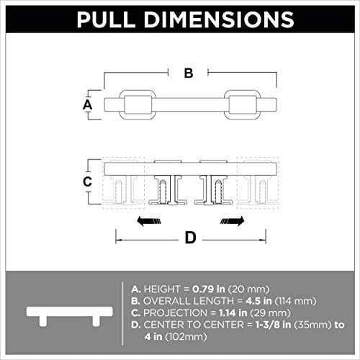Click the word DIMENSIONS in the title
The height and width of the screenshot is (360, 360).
(x=219, y=19)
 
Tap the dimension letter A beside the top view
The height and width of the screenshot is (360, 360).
(x=88, y=104)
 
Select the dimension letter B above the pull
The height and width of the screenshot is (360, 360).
(x=189, y=73)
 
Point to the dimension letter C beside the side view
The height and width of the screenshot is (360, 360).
(x=87, y=181)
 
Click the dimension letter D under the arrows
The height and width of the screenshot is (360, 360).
(x=191, y=238)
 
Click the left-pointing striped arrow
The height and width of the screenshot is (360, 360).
(x=149, y=221)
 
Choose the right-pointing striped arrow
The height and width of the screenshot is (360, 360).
(x=232, y=221)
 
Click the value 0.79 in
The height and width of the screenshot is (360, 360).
(x=209, y=289)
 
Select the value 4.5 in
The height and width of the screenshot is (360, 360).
(x=258, y=301)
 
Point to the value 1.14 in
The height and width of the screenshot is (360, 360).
(x=233, y=313)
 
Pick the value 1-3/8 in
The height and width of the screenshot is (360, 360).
(x=273, y=325)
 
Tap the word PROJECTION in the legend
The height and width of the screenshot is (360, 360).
(x=175, y=313)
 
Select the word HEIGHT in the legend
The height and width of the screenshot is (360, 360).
(x=162, y=289)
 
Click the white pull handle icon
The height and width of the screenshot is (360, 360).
(x=70, y=316)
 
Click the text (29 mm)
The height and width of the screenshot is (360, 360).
(x=270, y=313)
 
